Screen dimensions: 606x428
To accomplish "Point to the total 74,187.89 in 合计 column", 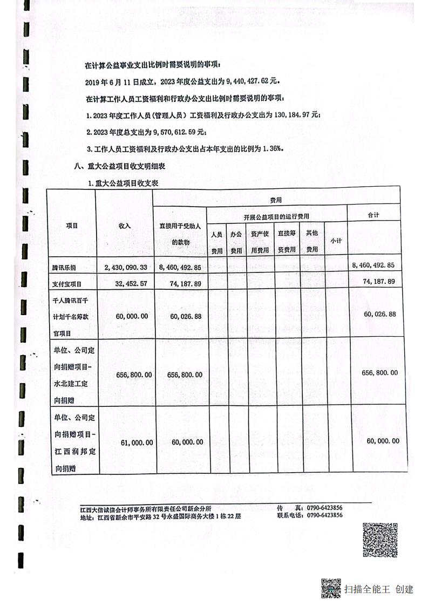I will tap(377, 281).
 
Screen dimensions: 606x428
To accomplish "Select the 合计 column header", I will tap(373, 215).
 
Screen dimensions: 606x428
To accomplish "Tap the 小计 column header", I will tap(336, 242).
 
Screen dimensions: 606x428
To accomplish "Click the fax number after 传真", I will tap(325, 508).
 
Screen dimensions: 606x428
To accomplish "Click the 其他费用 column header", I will tap(312, 242).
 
